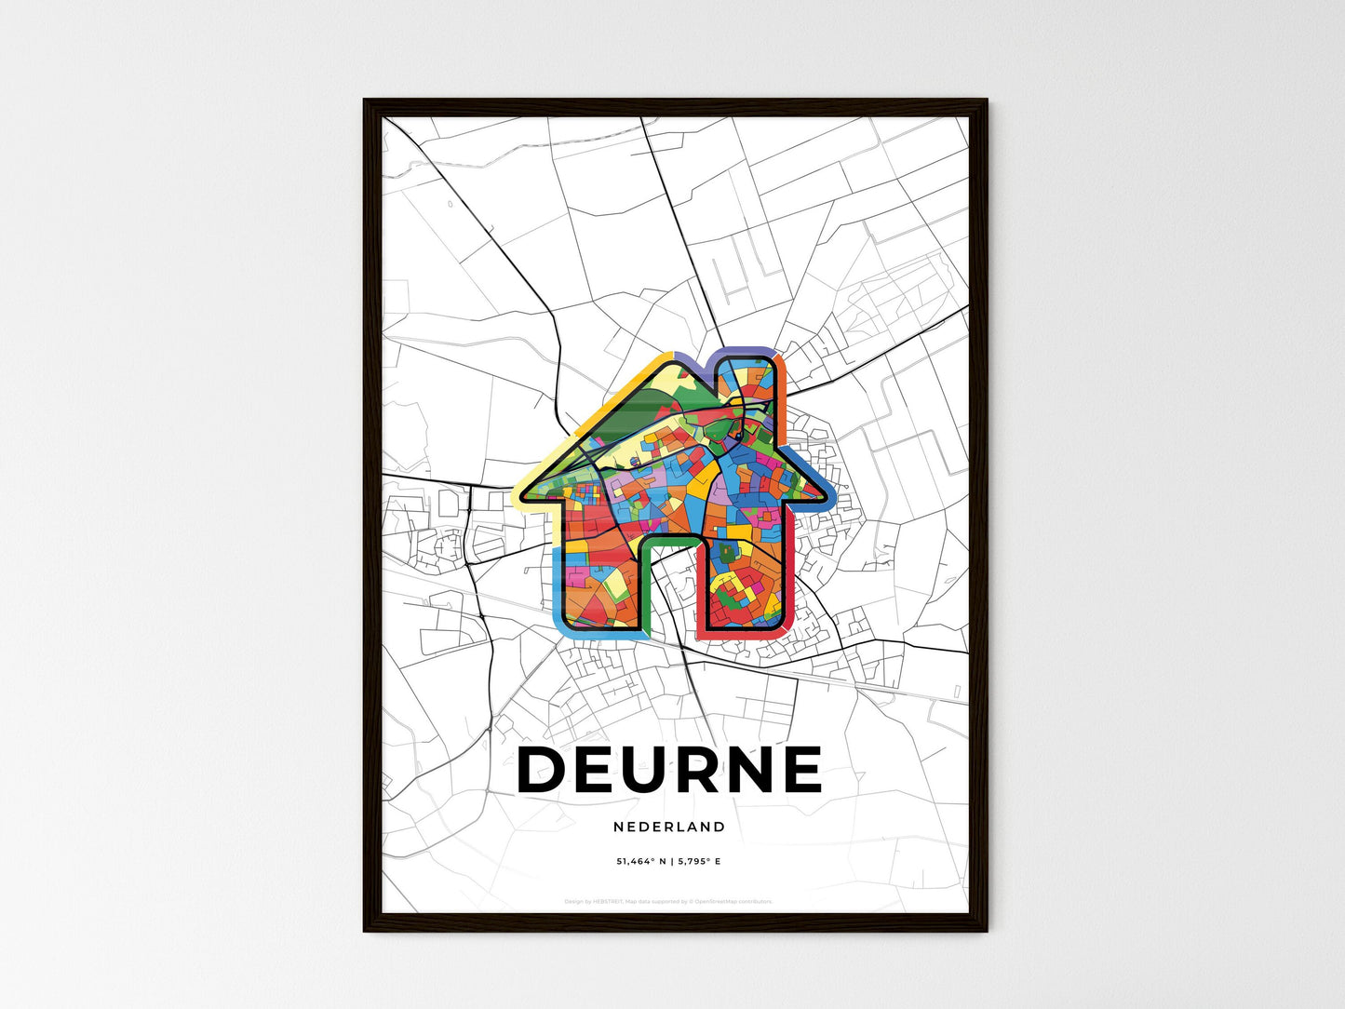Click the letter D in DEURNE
point(542,770)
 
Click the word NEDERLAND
point(669,827)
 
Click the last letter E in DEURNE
point(799,770)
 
